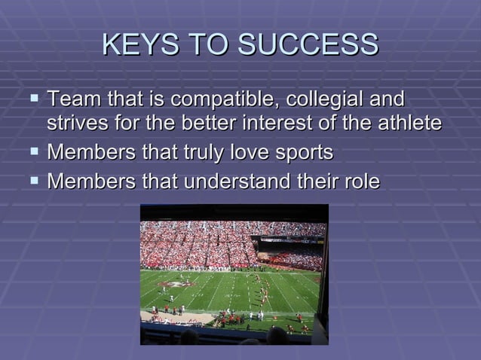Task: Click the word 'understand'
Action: [x=240, y=182]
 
